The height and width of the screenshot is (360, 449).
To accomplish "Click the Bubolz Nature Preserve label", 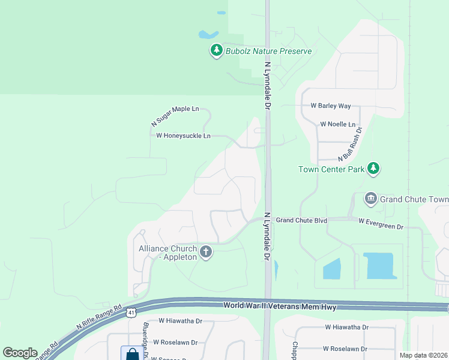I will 268,51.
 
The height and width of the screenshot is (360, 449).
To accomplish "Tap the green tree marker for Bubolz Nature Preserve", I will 216,51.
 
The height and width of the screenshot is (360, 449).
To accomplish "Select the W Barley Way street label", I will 330,106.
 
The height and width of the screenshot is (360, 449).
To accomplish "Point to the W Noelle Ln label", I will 337,124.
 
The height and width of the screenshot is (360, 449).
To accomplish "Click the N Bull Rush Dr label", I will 351,144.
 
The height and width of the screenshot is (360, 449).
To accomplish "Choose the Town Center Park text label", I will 331,169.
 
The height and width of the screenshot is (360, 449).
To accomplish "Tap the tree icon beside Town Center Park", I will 374,168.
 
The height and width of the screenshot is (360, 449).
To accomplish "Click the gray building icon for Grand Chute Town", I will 370,199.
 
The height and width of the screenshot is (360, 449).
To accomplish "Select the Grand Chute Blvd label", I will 301,220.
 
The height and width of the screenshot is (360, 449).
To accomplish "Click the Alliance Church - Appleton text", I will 167,253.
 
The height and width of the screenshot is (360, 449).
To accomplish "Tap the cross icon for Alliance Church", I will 206,252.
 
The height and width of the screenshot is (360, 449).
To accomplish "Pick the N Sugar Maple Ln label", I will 175,116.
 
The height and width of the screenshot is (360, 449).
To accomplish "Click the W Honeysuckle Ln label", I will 183,136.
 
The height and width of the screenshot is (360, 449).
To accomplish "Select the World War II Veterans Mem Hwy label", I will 279,307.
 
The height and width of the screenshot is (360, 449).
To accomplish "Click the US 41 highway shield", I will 131,313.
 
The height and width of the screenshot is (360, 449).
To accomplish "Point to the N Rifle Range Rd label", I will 99,319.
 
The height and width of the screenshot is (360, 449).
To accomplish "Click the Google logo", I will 20,353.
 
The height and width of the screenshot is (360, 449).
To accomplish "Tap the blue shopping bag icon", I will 132,354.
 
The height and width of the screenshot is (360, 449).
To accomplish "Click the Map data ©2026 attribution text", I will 423,355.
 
